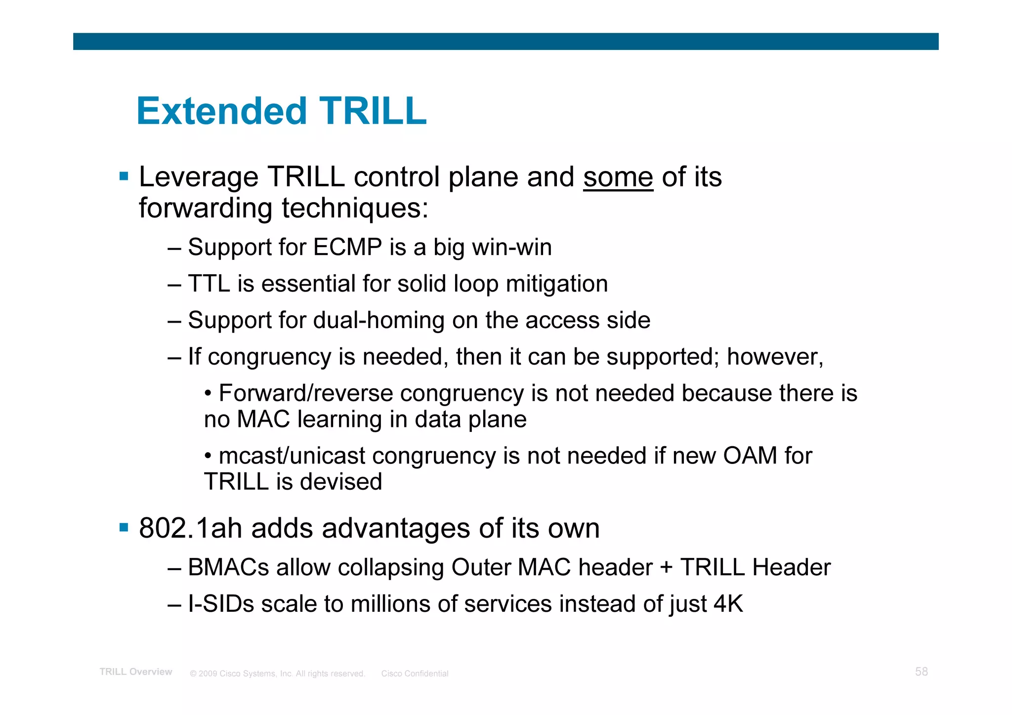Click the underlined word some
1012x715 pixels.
coord(618,177)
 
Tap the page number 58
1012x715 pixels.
coord(921,672)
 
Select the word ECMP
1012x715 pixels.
coord(347,247)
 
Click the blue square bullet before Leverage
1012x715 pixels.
coord(124,176)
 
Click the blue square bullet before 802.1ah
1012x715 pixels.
coord(124,528)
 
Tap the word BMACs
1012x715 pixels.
coord(228,567)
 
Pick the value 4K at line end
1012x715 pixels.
coord(728,604)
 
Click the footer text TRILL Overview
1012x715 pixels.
coord(136,672)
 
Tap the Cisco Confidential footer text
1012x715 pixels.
coord(415,673)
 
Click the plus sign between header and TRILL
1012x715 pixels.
coord(666,567)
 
